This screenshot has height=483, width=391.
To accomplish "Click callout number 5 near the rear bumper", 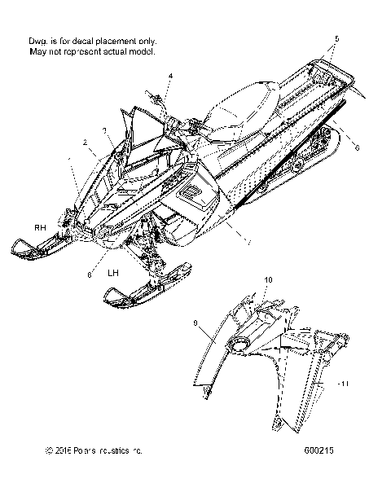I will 337,38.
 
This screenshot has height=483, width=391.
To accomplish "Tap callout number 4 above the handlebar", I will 170,77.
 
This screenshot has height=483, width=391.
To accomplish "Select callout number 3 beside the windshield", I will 104,130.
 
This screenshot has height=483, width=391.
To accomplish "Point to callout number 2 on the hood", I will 84,142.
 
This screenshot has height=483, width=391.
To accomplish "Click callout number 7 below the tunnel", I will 249,243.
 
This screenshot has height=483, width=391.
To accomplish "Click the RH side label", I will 38,226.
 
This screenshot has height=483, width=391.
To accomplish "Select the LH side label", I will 115,274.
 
